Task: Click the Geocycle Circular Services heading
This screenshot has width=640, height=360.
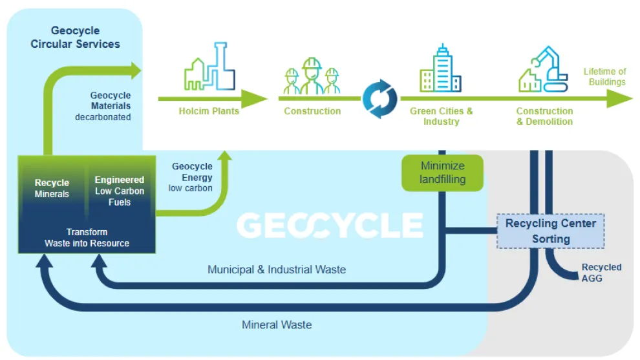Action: coord(76,37)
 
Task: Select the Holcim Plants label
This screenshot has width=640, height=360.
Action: coord(209,111)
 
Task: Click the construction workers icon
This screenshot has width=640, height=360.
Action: coord(312,77)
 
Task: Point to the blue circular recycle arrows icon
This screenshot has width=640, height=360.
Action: coord(380,98)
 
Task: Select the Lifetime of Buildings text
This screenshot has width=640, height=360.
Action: coord(604,77)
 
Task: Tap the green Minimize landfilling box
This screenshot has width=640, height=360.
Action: coord(442,173)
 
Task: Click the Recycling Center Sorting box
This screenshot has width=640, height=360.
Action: coord(550,231)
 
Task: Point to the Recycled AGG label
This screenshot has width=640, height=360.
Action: coord(601,272)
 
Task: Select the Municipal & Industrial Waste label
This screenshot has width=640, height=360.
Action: coord(276,270)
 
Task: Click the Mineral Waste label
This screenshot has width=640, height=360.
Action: coord(276,324)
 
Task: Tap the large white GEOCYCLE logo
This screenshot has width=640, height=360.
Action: coord(330,226)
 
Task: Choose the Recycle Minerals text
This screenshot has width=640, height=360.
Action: coord(52,188)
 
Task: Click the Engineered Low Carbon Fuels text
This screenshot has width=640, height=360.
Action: coord(120,191)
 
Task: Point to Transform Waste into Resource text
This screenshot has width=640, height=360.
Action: coord(87,237)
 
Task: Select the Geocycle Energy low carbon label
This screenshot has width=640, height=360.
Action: coord(192,177)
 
